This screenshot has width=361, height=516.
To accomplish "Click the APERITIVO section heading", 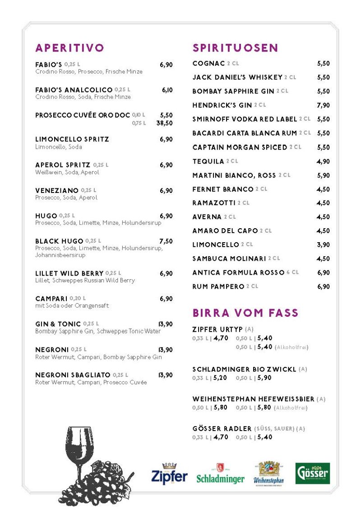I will point(69,48).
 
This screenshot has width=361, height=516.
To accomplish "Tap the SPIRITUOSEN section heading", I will point(235,48).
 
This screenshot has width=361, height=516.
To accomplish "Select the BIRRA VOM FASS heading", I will point(245,313).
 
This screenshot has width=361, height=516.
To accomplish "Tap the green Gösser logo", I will point(312,473).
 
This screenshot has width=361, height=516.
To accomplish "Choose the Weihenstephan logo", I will point(269,474).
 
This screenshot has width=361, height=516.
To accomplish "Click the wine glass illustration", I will point(79,452).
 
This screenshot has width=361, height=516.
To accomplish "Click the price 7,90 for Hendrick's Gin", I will point(323,105).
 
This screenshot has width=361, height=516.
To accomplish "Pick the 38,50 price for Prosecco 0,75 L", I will point(164,123).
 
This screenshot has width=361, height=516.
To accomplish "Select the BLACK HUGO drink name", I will point(59,241).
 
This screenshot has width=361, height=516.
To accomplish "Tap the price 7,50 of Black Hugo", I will point(166,241).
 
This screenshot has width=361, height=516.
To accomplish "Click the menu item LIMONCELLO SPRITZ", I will point(72,139).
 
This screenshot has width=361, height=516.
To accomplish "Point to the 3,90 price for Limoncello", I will point(323,245).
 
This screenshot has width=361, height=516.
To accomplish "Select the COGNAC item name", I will point(208,64).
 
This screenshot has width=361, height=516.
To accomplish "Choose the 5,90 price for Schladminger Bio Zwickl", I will point(264,378).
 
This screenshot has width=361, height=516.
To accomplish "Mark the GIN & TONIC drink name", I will point(58,324).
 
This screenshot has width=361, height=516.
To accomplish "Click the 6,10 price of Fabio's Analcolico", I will point(167,90).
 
